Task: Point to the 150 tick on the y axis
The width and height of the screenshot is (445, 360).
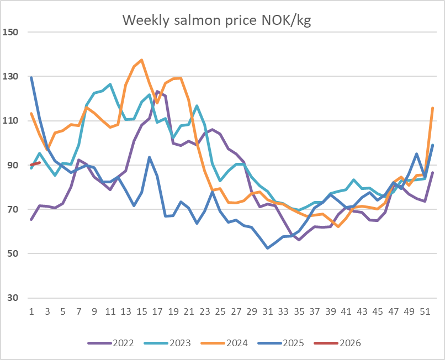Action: (x=12, y=32)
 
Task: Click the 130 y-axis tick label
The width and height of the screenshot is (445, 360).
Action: (x=12, y=76)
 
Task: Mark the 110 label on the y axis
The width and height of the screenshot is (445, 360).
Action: (x=12, y=121)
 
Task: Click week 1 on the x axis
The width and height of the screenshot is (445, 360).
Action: (x=31, y=311)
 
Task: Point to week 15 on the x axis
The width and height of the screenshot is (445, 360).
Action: (x=141, y=311)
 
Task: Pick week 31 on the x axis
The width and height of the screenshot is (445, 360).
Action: (x=267, y=311)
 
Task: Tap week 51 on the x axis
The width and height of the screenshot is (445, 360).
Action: (x=425, y=311)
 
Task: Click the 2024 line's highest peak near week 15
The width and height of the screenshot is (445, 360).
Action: (x=142, y=60)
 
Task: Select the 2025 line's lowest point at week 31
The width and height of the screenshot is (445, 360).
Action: (x=268, y=248)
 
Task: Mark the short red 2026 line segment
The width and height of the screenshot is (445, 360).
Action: (x=35, y=164)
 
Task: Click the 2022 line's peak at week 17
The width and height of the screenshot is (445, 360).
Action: (x=157, y=92)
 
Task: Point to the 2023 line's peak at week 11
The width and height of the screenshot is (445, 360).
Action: (x=110, y=84)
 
